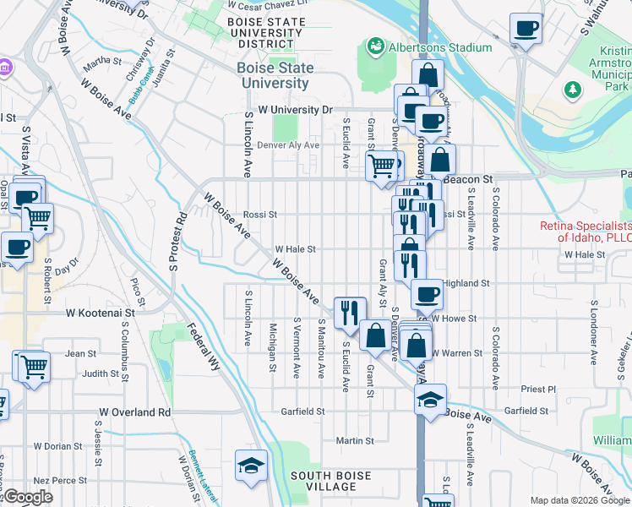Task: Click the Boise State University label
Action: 275,75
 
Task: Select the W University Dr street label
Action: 296,110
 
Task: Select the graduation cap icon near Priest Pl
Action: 430,397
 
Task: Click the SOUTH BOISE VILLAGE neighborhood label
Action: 330,481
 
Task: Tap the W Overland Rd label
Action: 134,412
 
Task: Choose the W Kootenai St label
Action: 101,312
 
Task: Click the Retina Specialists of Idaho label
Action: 586,232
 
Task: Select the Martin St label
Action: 354,440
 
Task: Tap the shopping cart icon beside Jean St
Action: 33,366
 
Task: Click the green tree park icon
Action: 573,88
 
